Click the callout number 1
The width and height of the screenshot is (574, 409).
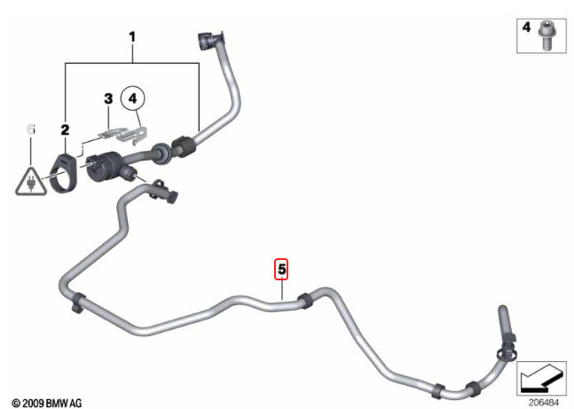coord(132,37)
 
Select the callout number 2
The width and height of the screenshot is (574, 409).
coord(65,130)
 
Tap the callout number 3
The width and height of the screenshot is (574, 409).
coord(108,98)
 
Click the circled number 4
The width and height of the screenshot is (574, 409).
coord(132,98)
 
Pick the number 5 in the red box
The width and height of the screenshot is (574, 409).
coord(281,269)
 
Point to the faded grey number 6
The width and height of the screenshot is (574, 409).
coord(31,130)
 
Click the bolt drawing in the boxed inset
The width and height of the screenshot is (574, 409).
coord(546,35)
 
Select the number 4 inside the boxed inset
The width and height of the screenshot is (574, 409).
coord(526,28)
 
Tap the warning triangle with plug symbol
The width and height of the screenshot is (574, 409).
coord(31,182)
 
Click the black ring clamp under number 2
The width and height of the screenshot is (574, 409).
coord(64,173)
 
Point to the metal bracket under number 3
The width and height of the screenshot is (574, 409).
coord(124,134)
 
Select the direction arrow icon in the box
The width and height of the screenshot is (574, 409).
coord(541,378)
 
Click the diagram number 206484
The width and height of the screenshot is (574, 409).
coord(544,402)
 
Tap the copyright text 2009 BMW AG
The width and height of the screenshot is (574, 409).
coord(46,403)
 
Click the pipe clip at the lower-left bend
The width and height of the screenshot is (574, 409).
coord(77,303)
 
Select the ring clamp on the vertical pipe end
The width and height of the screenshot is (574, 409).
coord(507,353)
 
